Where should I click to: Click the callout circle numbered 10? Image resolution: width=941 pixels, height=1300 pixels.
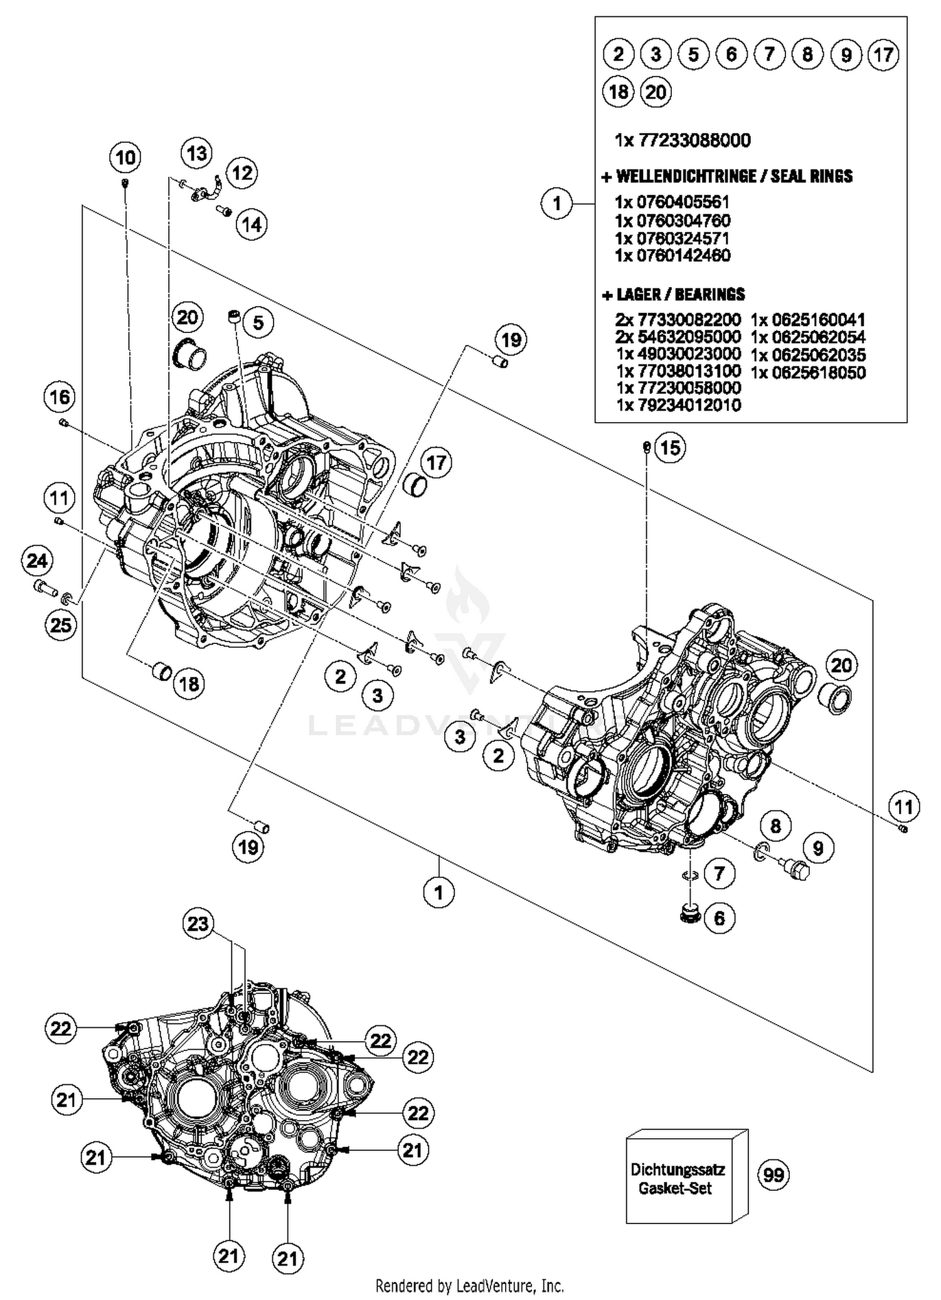tap(125, 157)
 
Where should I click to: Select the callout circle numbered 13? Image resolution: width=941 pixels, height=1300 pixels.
tap(197, 153)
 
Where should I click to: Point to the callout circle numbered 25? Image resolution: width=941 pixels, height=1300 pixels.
tap(61, 625)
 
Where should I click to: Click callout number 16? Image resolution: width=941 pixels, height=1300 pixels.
tap(60, 396)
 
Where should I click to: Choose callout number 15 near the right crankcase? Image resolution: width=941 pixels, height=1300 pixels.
tap(670, 448)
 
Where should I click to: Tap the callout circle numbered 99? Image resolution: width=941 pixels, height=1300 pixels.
tap(774, 1174)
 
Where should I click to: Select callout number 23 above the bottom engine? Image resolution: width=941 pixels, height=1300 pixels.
tap(198, 924)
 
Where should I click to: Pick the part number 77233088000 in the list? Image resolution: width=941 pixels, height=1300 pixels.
tap(694, 140)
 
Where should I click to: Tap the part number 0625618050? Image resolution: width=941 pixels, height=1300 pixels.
tap(808, 373)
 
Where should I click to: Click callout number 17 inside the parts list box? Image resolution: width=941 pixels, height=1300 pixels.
tap(883, 55)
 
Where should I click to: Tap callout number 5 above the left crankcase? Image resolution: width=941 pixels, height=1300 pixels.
tap(258, 323)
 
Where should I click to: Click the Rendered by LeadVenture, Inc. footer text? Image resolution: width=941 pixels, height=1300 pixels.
tap(470, 1286)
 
